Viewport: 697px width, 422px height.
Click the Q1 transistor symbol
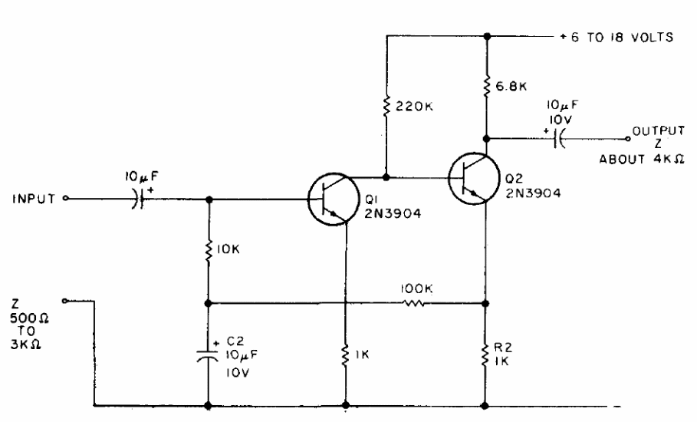point(334,199)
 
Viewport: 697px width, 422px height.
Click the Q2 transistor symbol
point(474,179)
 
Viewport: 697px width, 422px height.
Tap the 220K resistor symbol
point(386,107)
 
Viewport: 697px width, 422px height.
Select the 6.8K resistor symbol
point(487,85)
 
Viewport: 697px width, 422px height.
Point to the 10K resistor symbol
point(208,250)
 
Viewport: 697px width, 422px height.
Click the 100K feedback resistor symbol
point(414,303)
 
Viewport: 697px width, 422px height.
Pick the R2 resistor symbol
point(485,355)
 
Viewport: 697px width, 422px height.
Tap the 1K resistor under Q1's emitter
point(345,355)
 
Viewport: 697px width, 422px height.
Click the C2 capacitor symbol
point(208,354)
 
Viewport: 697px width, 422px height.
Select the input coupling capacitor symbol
point(139,198)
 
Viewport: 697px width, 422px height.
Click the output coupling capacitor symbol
point(559,138)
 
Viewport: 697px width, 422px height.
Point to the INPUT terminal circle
point(65,198)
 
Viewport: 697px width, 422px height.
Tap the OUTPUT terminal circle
point(628,139)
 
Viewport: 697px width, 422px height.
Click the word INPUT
point(34,199)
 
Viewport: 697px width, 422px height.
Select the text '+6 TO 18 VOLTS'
point(616,38)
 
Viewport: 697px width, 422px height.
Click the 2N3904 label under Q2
point(533,193)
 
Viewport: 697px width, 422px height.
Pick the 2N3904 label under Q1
point(393,214)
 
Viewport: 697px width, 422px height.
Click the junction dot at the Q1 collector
point(386,177)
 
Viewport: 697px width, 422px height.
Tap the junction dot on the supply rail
point(487,36)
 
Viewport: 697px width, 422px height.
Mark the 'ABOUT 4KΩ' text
point(642,159)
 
